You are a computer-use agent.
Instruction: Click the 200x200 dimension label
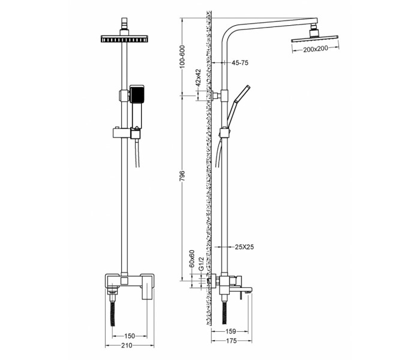316,49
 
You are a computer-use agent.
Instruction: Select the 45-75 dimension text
240,62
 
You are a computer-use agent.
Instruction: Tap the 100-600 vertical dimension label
182,56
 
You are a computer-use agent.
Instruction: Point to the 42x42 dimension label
198,77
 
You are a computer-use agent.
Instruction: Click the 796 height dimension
182,176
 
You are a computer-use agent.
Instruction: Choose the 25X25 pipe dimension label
244,247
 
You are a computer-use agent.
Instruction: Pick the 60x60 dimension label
192,259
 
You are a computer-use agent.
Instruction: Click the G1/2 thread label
201,263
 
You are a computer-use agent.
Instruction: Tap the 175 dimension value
232,340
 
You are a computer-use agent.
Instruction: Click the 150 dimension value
130,336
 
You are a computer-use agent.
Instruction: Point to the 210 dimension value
127,345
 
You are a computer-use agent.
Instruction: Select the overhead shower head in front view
124,38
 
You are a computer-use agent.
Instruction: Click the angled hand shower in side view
238,106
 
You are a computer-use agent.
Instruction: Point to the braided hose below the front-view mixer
113,313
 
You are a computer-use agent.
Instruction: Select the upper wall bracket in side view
216,95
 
